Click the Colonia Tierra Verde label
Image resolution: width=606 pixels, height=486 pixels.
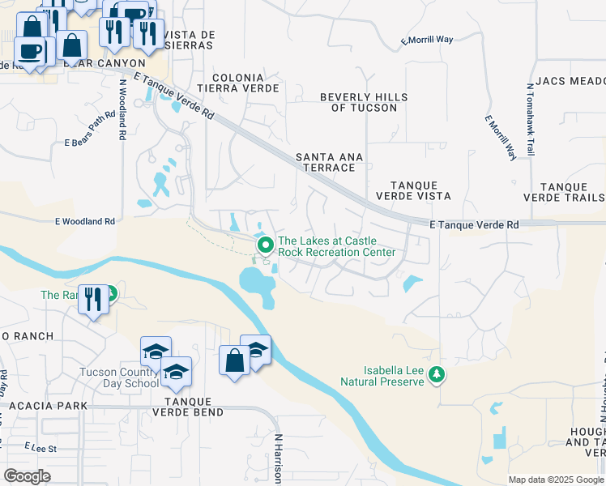coord(245,83)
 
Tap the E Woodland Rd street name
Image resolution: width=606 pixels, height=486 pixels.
coord(84,220)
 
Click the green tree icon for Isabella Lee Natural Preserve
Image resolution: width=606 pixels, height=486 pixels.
coord(437,373)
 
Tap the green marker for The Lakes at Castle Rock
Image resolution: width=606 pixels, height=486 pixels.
coord(264,244)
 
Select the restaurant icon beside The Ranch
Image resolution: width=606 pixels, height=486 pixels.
coord(93,300)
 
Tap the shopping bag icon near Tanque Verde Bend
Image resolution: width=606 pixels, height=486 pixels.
coord(234,360)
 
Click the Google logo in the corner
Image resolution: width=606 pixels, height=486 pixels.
coord(27,476)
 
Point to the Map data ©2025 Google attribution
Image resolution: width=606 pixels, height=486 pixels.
coord(556,480)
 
